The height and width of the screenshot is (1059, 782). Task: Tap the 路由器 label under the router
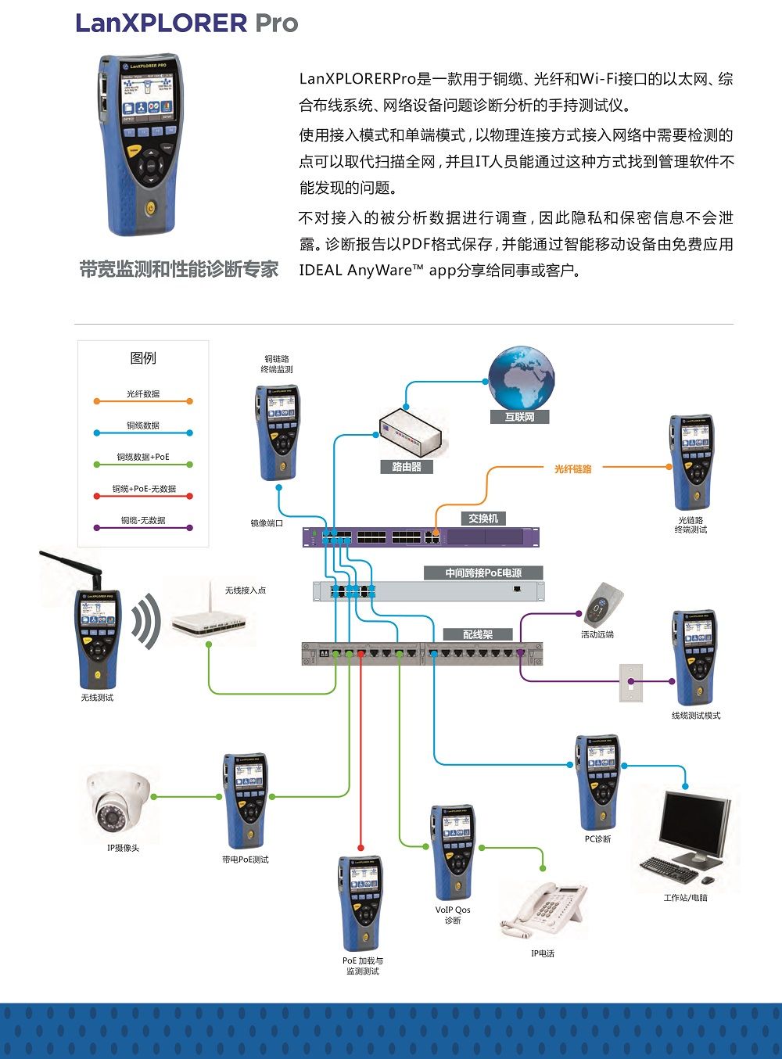[x=407, y=467]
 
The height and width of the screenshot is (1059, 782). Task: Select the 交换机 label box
[x=482, y=519]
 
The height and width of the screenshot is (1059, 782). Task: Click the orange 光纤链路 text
[x=573, y=469]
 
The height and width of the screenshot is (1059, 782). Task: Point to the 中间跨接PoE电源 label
[x=483, y=573]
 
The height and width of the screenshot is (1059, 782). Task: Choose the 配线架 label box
[x=477, y=634]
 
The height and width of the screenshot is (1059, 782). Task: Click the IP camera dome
[x=117, y=805]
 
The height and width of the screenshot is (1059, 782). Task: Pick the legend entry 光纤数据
[x=143, y=395]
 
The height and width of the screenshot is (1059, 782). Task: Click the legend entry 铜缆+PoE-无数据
[x=143, y=490]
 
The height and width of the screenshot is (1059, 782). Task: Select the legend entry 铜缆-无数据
[x=143, y=521]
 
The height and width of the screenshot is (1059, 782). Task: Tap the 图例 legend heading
[x=143, y=358]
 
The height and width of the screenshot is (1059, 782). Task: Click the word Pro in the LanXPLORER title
[x=277, y=23]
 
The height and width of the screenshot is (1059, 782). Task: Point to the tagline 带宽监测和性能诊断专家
[x=179, y=270]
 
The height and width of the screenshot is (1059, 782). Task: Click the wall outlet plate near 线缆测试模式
[x=631, y=682]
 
